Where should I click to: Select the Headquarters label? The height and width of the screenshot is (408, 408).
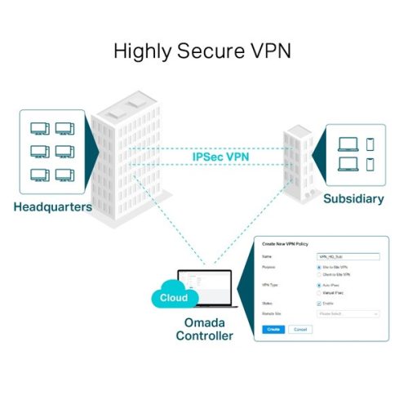(52, 206)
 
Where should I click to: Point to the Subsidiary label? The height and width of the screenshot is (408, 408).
(353, 198)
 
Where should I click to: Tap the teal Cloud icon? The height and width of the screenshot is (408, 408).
(172, 298)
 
